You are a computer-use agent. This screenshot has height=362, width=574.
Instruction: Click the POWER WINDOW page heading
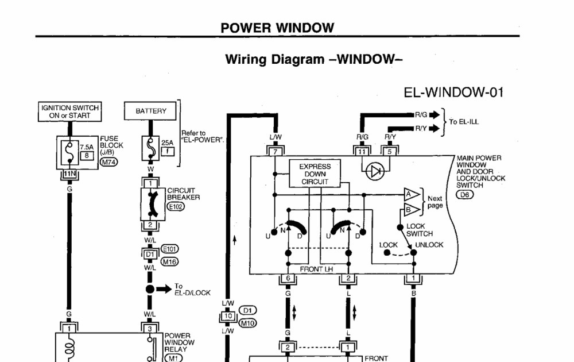tap(277, 28)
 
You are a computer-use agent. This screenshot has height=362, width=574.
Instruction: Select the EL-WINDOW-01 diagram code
tap(455, 93)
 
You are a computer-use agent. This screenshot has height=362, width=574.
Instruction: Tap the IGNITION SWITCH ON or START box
tap(70, 111)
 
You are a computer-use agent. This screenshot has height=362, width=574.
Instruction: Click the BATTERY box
tap(151, 111)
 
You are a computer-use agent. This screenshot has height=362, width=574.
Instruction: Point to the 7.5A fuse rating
tap(86, 147)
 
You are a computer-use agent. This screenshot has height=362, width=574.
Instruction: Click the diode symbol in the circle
tap(376, 171)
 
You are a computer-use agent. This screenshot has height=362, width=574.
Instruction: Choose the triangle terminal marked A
tap(411, 194)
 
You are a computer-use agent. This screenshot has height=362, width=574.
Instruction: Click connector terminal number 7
tap(274, 152)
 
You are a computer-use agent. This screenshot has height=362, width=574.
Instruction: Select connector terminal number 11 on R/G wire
tap(362, 152)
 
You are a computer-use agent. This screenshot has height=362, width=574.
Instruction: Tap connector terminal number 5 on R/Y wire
tap(390, 152)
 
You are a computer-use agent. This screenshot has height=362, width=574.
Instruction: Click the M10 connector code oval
tap(247, 323)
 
